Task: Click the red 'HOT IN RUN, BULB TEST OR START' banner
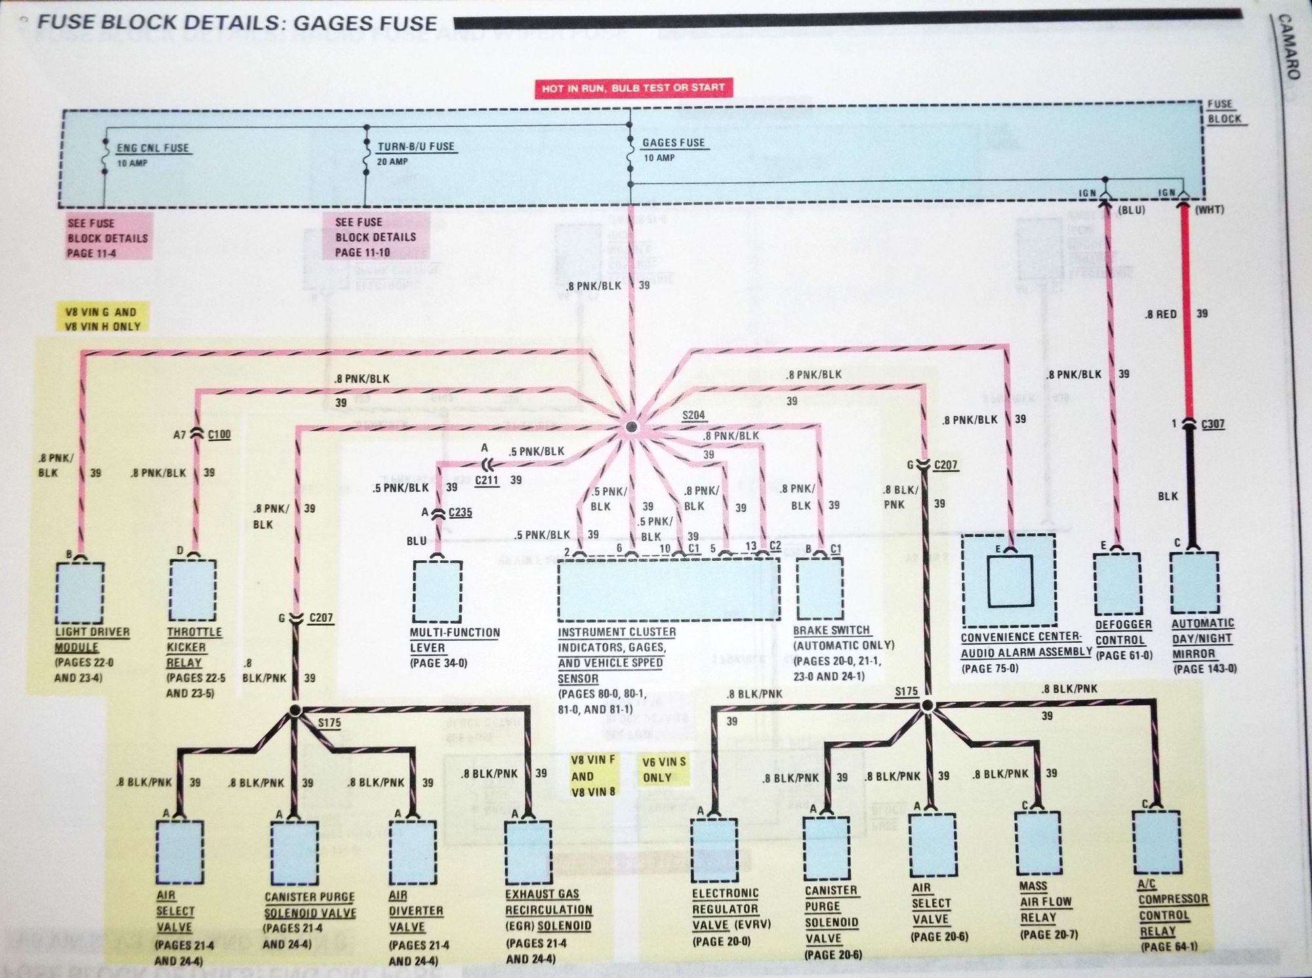(633, 87)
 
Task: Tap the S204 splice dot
(632, 428)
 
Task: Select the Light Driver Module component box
(80, 592)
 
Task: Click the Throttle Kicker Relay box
(193, 590)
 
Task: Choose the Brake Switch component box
(819, 588)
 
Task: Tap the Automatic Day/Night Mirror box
(1194, 582)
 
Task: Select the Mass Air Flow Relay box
(1038, 843)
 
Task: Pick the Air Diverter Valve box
(413, 851)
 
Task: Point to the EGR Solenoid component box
(528, 851)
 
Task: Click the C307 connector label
(1212, 424)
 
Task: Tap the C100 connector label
(218, 434)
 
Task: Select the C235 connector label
(460, 512)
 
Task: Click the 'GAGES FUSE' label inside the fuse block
(674, 142)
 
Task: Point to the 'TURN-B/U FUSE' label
(416, 146)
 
